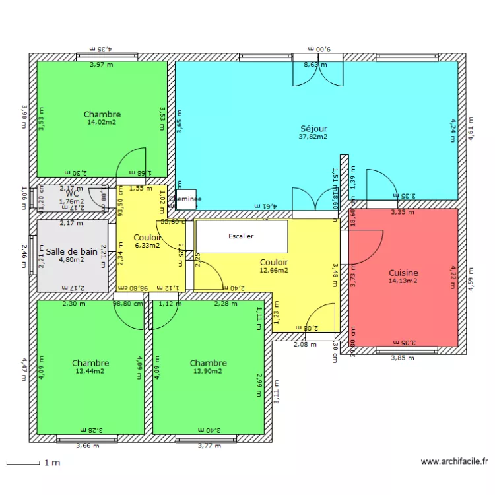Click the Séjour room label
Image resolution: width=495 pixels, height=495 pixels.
pos(313,129)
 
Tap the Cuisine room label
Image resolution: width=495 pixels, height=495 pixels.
pos(403,273)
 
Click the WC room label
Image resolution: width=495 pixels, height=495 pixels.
pos(72,193)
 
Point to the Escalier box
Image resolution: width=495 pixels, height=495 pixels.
pos(241,236)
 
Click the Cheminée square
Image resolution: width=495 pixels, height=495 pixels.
pos(185,199)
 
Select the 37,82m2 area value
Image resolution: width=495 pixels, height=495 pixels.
pos(313,137)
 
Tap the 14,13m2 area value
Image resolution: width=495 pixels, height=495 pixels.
pos(403,280)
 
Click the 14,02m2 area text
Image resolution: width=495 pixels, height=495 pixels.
pos(102,122)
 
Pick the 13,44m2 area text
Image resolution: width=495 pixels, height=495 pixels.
pos(90,371)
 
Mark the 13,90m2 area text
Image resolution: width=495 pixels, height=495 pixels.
pos(208,371)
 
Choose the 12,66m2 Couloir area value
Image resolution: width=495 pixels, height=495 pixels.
pos(274,270)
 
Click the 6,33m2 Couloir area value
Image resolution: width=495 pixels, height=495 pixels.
pos(147,246)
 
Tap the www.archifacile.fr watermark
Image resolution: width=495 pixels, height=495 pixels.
pos(454,462)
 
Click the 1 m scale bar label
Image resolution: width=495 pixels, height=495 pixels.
pos(52,463)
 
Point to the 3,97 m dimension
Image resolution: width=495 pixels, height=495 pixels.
pos(101,65)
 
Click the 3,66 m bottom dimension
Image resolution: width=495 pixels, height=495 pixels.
pos(87,445)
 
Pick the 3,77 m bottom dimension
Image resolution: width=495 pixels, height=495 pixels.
pos(210,445)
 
